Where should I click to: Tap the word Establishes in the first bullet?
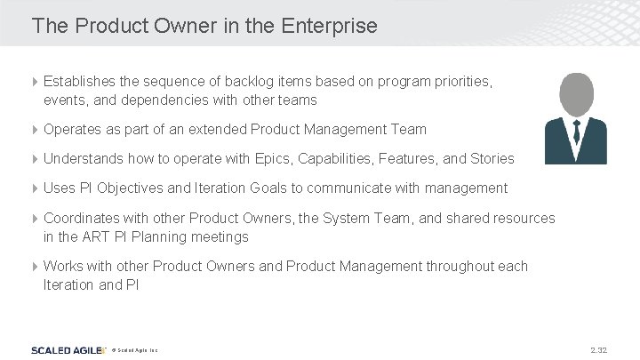(80, 81)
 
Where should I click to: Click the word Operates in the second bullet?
(72, 129)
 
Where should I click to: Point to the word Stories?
(492, 158)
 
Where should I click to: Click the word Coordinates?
(80, 218)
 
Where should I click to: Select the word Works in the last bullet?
(63, 266)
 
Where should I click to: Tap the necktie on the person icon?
(576, 133)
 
